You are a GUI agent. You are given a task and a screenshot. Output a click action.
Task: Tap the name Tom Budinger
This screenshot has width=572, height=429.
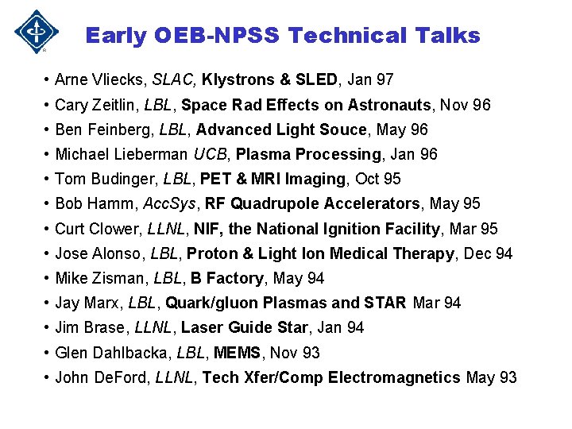[95, 179]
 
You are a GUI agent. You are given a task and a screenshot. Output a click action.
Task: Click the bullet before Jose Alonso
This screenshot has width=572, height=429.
[48, 253]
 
